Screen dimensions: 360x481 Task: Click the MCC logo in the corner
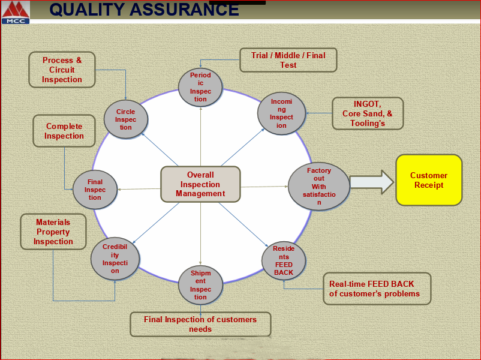[x=16, y=13]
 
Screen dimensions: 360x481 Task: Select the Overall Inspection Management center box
[x=200, y=184]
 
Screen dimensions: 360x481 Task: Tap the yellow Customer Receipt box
[x=429, y=180]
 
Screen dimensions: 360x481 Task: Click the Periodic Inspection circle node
[x=200, y=87]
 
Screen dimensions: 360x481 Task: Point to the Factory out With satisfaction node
[x=318, y=187]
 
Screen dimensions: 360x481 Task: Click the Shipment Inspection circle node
[x=200, y=285]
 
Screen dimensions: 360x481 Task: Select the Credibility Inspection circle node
[x=115, y=259]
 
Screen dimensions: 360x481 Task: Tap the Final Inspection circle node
[x=95, y=190]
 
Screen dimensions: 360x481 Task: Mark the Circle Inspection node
[x=125, y=119]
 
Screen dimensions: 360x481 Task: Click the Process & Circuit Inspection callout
[x=62, y=70]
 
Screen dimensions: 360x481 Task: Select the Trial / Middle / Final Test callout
[x=288, y=60]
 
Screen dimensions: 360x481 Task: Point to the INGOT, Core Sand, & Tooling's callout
[x=368, y=113]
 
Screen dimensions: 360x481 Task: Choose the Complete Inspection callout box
[x=64, y=131]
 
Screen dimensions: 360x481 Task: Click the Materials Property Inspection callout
[x=53, y=232]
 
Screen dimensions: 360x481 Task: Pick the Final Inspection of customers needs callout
[x=200, y=324]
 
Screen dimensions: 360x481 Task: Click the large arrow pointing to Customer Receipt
[x=371, y=182]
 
